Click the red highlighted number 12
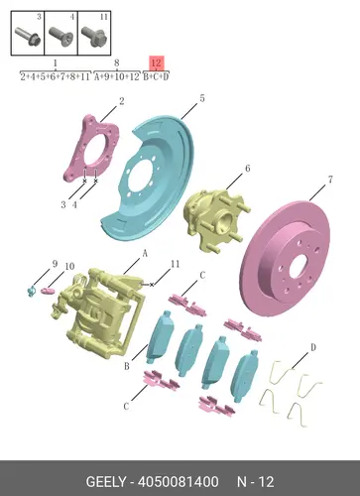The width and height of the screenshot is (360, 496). pos(157,62)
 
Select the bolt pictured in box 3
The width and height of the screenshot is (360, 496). pos(28,36)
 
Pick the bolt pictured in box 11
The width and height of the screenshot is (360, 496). pos(93,36)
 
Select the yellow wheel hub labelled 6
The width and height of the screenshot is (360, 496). pos(215,219)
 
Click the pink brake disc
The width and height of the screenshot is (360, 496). pos(285,259)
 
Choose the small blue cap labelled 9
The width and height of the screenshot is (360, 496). pos(32,291)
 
